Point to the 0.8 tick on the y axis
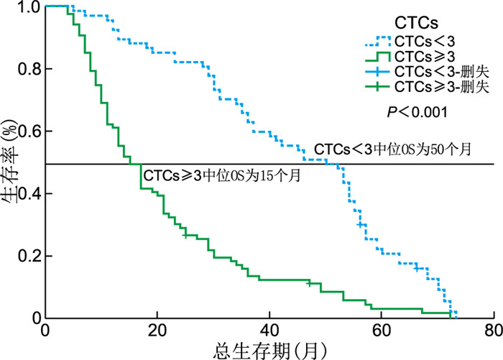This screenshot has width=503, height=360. coord(27,70)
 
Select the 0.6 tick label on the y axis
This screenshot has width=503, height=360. coord(27,131)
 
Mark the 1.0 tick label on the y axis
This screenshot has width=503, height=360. coord(27,7)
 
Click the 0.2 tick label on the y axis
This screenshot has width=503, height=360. coord(27,257)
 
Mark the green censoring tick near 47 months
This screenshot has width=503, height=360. coord(309,283)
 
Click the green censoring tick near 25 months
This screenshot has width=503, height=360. coord(185,235)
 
